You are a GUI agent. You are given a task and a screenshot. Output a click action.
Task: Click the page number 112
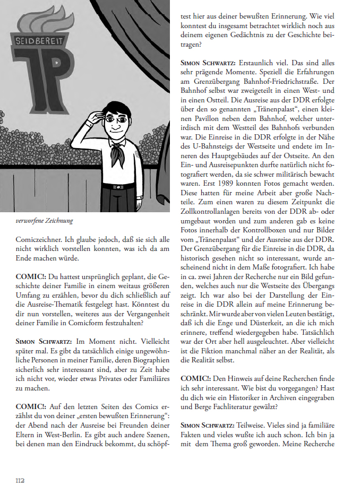(x=20, y=480)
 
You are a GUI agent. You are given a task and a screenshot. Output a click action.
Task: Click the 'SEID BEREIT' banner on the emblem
(x=40, y=40)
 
